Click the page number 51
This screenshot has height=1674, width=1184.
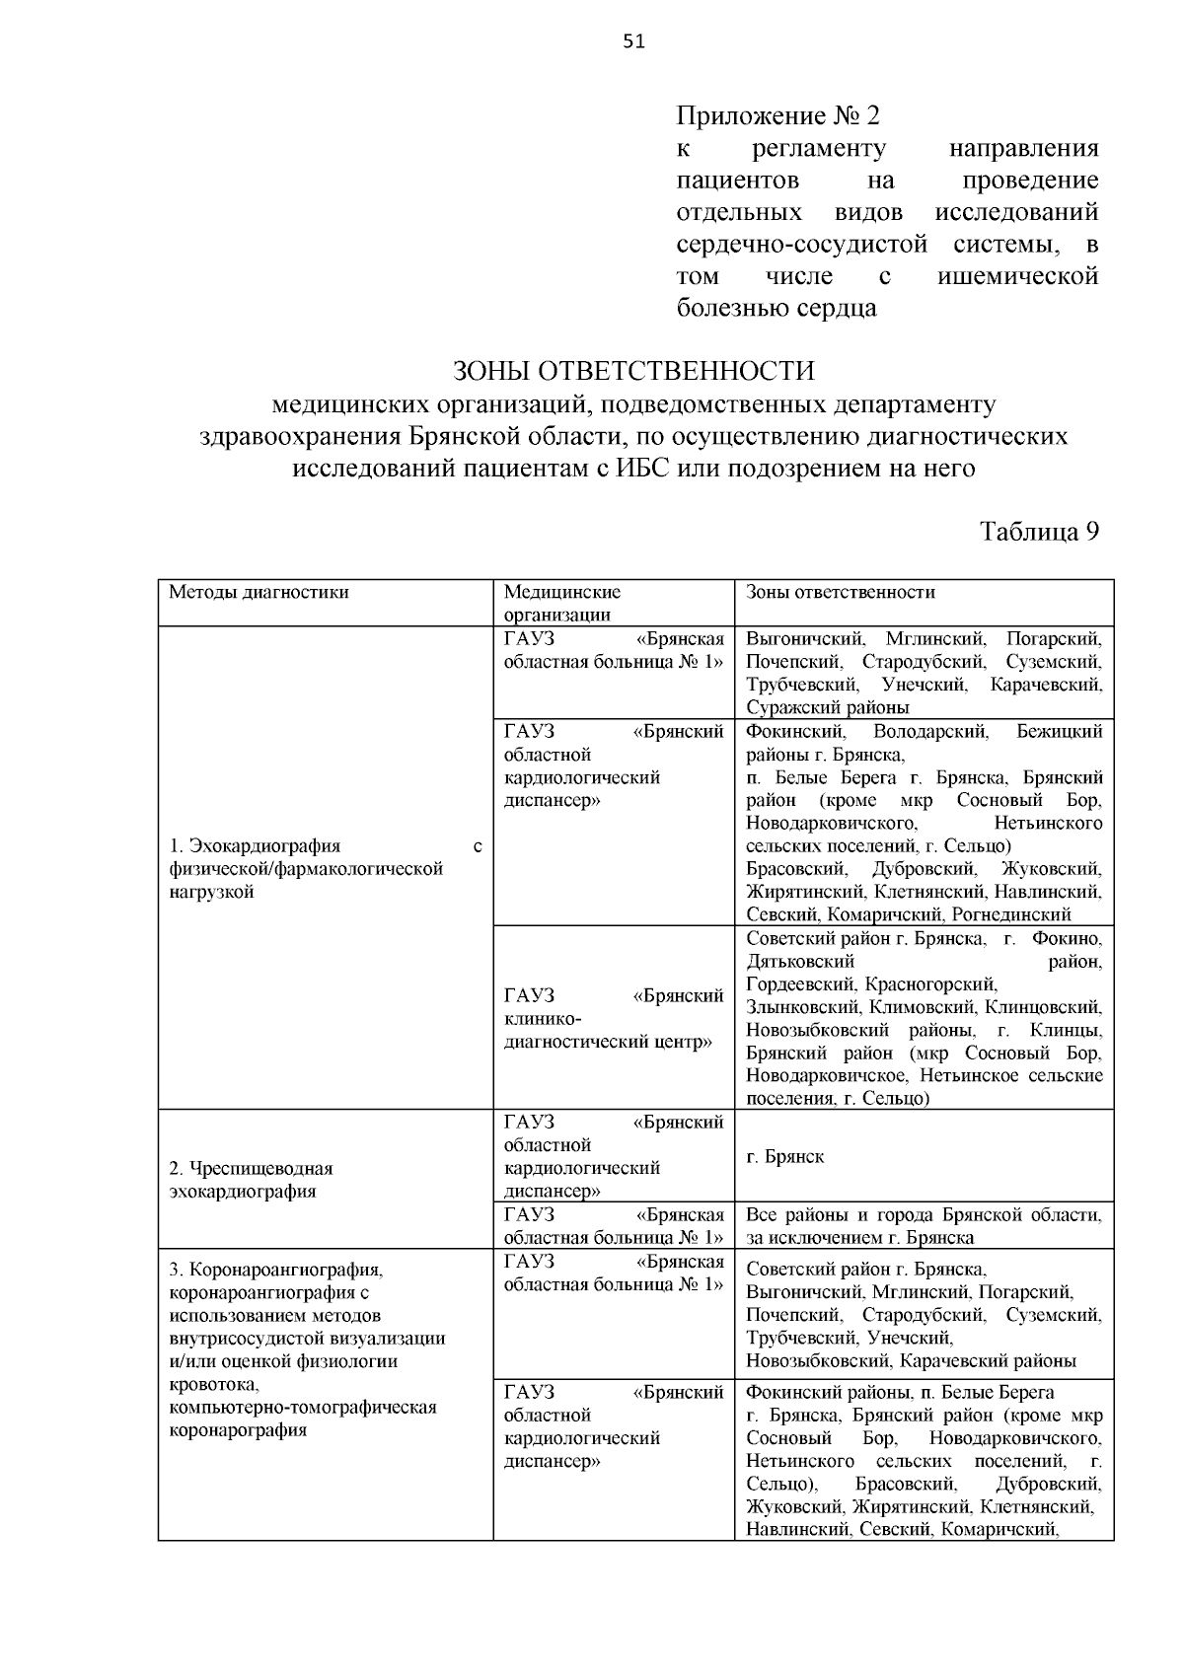(633, 40)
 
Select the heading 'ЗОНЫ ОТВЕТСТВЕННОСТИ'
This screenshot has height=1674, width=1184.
(633, 371)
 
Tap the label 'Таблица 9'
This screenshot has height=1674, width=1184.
(1039, 531)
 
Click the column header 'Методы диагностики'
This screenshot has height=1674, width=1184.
(259, 593)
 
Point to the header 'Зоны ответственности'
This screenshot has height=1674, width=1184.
(840, 593)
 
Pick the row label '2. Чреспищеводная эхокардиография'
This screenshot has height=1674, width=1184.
(252, 1179)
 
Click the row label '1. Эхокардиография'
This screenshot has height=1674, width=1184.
(255, 846)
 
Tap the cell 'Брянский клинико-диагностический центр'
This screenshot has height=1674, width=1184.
(612, 1018)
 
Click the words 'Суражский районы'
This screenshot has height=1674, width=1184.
(827, 707)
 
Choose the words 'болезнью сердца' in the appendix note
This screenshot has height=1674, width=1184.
(776, 308)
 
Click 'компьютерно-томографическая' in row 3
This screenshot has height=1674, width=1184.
(302, 1407)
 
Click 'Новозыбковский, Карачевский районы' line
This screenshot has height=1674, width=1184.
(910, 1361)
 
